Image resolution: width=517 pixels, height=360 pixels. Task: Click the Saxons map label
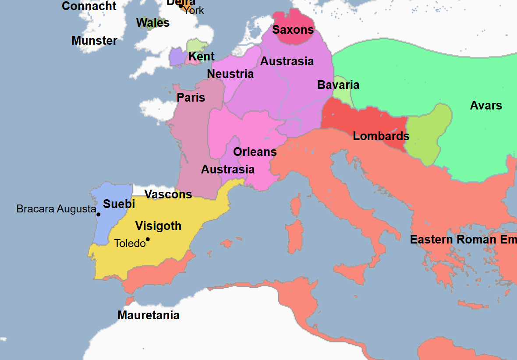pyautogui.click(x=293, y=30)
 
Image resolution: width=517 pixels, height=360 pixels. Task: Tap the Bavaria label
pyautogui.click(x=338, y=85)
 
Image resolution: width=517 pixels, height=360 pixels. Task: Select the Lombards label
pyautogui.click(x=381, y=136)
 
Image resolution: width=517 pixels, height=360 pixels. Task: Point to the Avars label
pyautogui.click(x=486, y=106)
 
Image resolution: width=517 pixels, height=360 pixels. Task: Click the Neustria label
pyautogui.click(x=230, y=74)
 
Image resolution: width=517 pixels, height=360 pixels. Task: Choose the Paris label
pyautogui.click(x=191, y=98)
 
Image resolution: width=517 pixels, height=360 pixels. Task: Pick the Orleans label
pyautogui.click(x=255, y=152)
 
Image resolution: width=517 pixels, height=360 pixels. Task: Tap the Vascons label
pyautogui.click(x=168, y=194)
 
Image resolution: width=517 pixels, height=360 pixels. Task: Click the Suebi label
pyautogui.click(x=119, y=204)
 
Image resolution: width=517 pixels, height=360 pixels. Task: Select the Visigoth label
pyautogui.click(x=158, y=226)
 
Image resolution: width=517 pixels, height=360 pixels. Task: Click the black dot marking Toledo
pyautogui.click(x=148, y=239)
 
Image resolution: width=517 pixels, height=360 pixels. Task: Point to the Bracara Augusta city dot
pyautogui.click(x=99, y=214)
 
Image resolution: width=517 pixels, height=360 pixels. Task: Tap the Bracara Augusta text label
pyautogui.click(x=56, y=209)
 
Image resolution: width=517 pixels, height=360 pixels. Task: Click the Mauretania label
pyautogui.click(x=149, y=315)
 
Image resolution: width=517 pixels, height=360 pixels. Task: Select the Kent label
pyautogui.click(x=202, y=56)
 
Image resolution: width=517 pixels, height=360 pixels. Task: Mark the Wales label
pyautogui.click(x=153, y=23)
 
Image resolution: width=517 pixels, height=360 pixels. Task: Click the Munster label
pyautogui.click(x=94, y=41)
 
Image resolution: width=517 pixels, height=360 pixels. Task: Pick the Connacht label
pyautogui.click(x=89, y=6)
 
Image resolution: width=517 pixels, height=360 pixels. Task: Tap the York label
pyautogui.click(x=194, y=10)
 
